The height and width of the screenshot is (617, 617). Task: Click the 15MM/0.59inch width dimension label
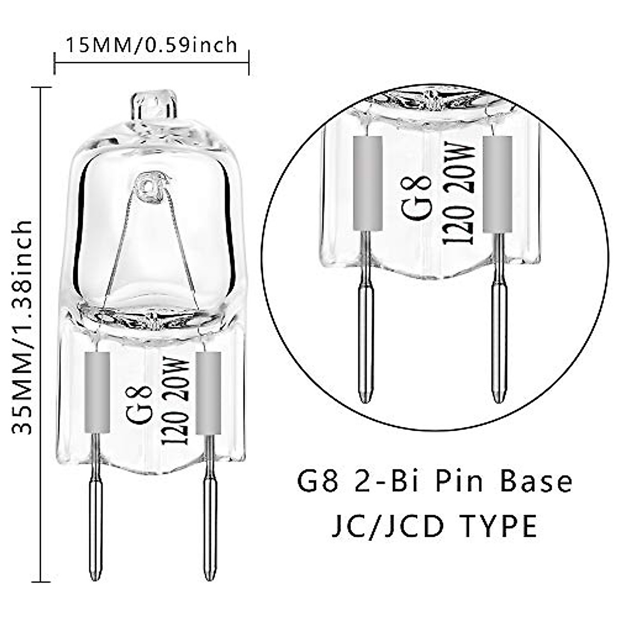[152, 45]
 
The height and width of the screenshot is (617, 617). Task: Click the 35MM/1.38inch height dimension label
[23, 326]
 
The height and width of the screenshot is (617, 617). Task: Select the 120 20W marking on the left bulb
[175, 401]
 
